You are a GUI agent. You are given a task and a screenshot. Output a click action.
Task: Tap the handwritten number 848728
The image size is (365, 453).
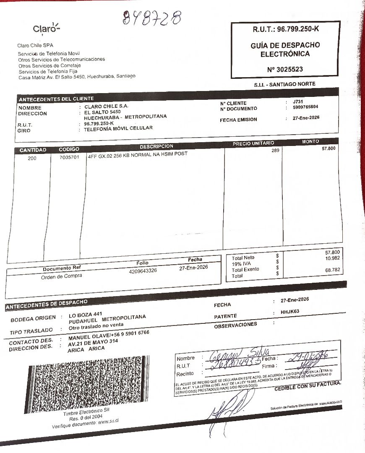point(152,18)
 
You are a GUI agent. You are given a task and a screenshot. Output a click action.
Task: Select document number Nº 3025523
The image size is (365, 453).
point(285,69)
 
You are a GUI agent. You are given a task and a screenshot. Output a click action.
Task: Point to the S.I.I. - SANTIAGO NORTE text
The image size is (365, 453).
point(284,84)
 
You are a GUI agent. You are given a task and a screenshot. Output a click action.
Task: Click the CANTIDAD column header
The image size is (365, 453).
point(33,150)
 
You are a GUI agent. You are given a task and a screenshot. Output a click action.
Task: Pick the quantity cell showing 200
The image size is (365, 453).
point(32,158)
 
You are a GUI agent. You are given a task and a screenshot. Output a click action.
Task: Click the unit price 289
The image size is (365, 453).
point(275,151)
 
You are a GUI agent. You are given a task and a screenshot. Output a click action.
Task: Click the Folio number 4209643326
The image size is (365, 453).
point(143,271)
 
